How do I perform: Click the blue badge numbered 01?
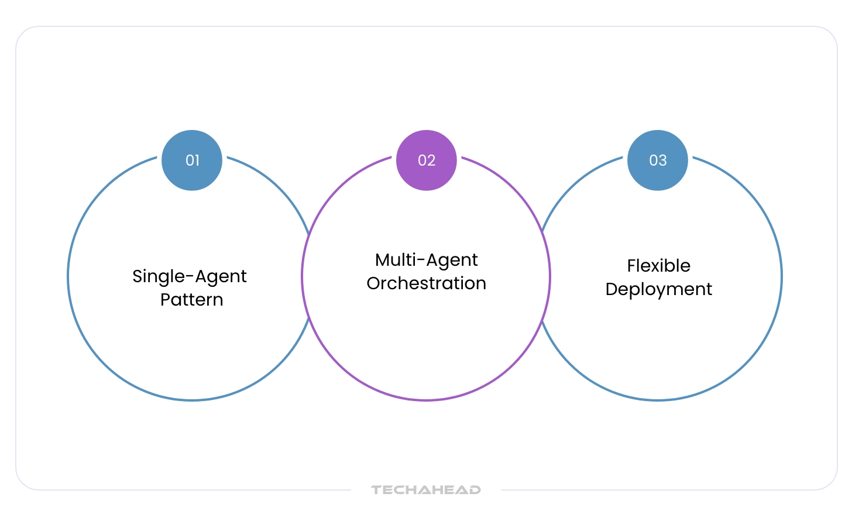point(192,160)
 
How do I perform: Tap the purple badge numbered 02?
point(427,160)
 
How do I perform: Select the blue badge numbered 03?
point(658,160)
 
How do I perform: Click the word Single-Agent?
point(190,276)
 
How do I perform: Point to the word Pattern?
point(192,300)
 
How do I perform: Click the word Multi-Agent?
point(427,260)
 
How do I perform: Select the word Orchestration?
point(427,283)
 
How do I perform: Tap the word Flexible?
point(659,266)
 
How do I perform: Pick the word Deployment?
point(659,289)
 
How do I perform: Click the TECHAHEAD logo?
point(426,490)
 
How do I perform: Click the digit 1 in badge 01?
point(197,160)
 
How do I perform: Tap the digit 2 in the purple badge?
point(431,160)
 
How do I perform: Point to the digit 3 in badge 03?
point(663,160)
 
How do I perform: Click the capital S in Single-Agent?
point(138,276)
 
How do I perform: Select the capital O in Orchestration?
point(374,283)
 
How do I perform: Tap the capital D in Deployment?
point(612,289)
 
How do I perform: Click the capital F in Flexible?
point(631,266)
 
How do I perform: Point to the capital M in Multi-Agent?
point(383,260)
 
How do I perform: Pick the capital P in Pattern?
point(165,300)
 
